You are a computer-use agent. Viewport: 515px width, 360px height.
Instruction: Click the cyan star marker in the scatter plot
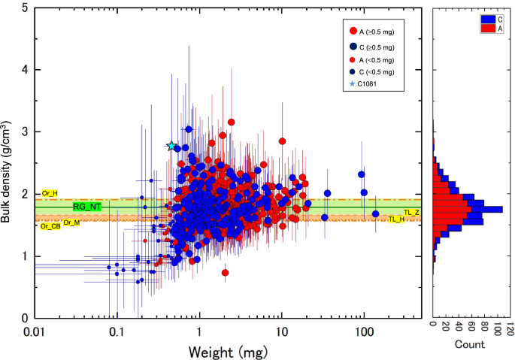[171, 146]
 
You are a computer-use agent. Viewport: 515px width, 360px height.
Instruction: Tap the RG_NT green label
[87, 206]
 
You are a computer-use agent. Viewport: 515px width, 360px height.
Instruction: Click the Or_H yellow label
[50, 193]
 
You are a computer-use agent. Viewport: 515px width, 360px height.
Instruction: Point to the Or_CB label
[50, 225]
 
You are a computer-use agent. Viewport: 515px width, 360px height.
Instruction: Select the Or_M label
[71, 222]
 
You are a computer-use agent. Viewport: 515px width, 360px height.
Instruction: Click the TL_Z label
[411, 213]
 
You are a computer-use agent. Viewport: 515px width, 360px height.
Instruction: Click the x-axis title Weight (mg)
[224, 351]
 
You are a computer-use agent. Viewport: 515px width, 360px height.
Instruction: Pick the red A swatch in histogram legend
[486, 28]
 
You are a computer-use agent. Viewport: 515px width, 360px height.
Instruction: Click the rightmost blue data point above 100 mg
[375, 214]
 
